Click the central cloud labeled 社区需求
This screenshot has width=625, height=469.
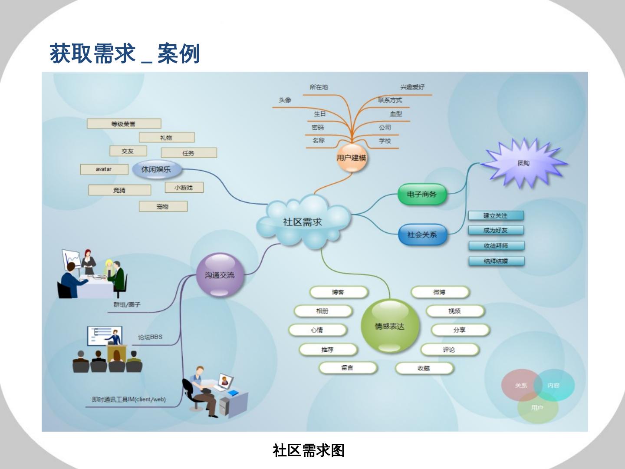point(303,222)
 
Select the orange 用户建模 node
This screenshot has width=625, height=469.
point(352,158)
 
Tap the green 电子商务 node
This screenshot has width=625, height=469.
point(421,194)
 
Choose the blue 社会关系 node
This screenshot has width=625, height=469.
point(422,234)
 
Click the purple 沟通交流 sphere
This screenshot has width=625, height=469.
point(220,275)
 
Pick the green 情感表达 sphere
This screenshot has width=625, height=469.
point(390,326)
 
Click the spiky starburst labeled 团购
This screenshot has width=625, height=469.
point(523,163)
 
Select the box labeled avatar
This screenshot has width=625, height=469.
point(104,169)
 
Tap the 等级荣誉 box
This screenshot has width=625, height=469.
point(124,124)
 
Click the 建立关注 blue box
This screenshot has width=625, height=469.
point(496,215)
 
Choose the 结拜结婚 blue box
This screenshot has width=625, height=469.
point(496,261)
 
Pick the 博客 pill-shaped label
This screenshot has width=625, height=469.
point(339,292)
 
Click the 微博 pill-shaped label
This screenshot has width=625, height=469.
point(440,292)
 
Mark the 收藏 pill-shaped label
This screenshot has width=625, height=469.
point(424,368)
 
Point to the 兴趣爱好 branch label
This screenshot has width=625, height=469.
point(412,87)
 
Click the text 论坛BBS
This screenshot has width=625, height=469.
point(150,337)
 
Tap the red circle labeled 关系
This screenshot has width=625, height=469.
point(521,385)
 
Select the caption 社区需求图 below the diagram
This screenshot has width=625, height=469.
point(309,450)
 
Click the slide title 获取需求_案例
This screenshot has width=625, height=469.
point(125,54)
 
